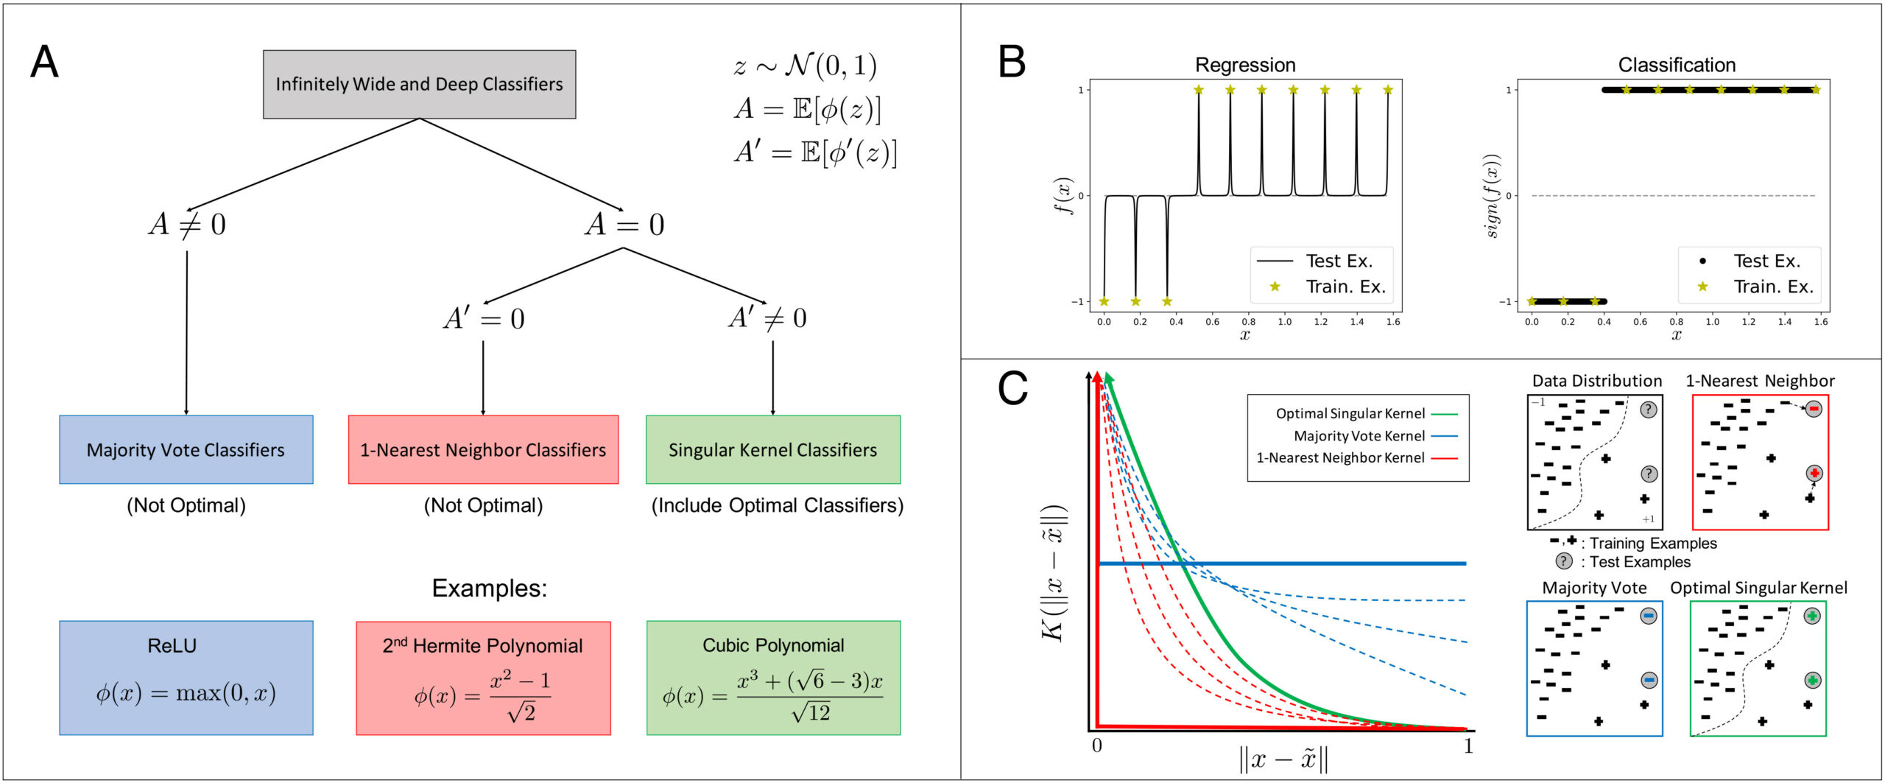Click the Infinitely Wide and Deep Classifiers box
click(x=419, y=84)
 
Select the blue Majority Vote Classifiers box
click(x=186, y=449)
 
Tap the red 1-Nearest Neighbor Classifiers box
click(x=483, y=449)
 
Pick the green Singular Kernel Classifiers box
click(x=772, y=449)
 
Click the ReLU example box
click(x=186, y=678)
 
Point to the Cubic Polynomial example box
click(x=773, y=678)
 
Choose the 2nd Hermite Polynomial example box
click(x=483, y=678)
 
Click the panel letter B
click(x=1012, y=62)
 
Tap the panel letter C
click(x=1012, y=388)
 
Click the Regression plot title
click(x=1245, y=65)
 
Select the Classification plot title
click(x=1677, y=65)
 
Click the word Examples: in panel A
click(x=489, y=588)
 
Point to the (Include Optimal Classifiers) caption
click(x=777, y=505)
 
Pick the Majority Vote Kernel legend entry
click(x=1359, y=436)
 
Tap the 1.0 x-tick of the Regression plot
click(x=1285, y=322)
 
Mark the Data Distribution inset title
click(x=1596, y=381)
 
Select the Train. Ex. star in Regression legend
click(x=1275, y=287)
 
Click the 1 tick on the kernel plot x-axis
click(x=1468, y=746)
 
